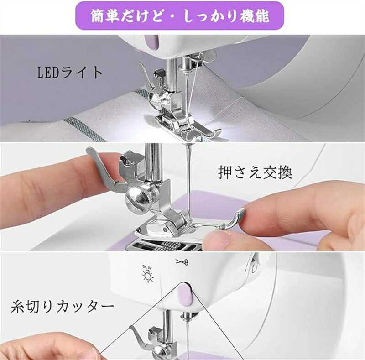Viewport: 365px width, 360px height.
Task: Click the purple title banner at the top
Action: click(x=179, y=16)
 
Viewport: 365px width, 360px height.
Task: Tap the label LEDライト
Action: click(x=70, y=73)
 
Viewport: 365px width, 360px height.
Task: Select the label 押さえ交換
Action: click(x=255, y=172)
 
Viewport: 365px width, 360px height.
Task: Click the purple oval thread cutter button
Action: click(x=184, y=294)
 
